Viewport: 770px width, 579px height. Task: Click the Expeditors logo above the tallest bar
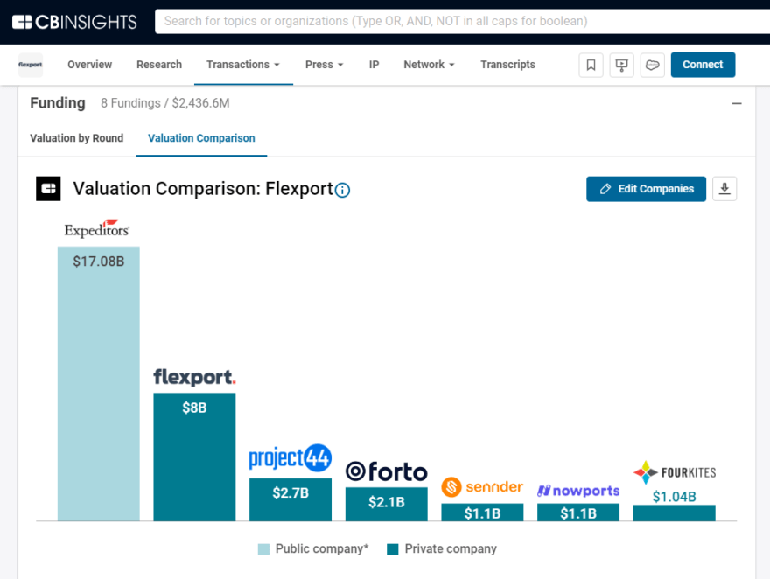pyautogui.click(x=97, y=229)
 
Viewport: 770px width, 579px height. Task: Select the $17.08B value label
pyautogui.click(x=98, y=261)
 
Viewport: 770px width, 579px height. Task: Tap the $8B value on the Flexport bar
pyautogui.click(x=194, y=408)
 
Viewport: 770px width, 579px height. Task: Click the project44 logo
pyautogui.click(x=290, y=458)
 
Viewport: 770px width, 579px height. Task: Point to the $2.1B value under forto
pyautogui.click(x=386, y=502)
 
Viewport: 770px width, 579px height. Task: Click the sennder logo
pyautogui.click(x=482, y=486)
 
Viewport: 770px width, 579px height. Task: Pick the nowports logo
pyautogui.click(x=578, y=491)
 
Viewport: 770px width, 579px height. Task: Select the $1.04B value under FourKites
pyautogui.click(x=674, y=497)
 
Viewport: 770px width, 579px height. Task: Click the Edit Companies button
pyautogui.click(x=646, y=189)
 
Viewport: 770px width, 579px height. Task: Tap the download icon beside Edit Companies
pyautogui.click(x=724, y=189)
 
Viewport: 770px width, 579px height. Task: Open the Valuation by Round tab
pyautogui.click(x=77, y=138)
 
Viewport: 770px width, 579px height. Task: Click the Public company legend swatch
pyautogui.click(x=263, y=549)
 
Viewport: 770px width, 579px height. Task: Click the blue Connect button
pyautogui.click(x=703, y=65)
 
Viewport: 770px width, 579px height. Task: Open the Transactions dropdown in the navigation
pyautogui.click(x=242, y=65)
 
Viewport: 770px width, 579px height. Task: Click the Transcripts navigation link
pyautogui.click(x=507, y=65)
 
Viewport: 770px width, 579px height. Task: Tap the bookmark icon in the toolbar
pyautogui.click(x=591, y=65)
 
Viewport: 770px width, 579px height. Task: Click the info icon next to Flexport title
pyautogui.click(x=343, y=190)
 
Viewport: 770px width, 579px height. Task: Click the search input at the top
pyautogui.click(x=455, y=21)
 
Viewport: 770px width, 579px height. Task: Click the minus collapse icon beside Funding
pyautogui.click(x=737, y=103)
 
